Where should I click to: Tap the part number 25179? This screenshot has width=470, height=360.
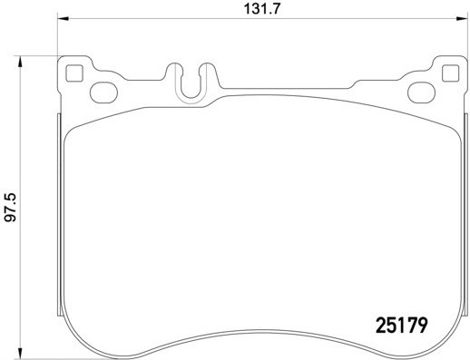coord(401,322)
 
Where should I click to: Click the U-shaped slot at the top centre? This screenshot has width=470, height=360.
coord(191,82)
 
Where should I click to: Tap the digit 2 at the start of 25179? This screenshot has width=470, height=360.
coord(381,322)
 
